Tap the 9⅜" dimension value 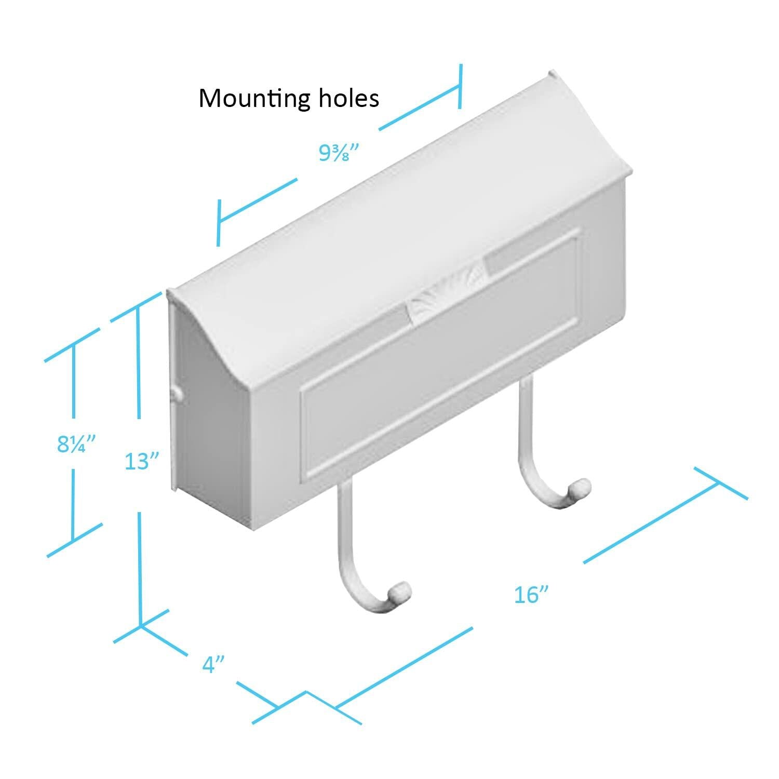point(339,153)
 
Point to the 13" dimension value point(141,461)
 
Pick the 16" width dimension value point(531,595)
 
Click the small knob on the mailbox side point(177,393)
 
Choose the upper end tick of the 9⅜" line point(460,87)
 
